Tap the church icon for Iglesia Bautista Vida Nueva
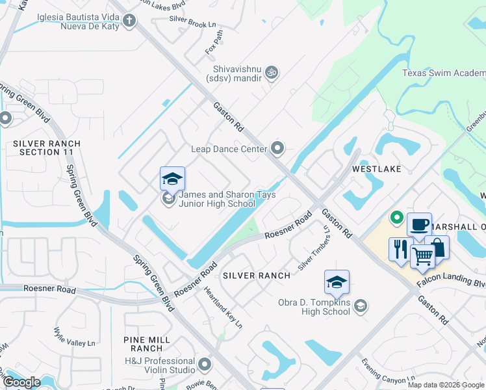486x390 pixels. point(129,21)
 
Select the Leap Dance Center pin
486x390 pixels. point(278,149)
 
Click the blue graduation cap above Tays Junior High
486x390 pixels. point(172,179)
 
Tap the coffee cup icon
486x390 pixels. point(419,225)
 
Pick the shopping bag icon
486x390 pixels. point(438,247)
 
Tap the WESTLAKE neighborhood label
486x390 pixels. point(376,168)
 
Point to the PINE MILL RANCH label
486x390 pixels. point(147,344)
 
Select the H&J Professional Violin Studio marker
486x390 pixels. point(205,364)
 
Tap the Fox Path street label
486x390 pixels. point(214,42)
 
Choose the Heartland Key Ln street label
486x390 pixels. point(223,308)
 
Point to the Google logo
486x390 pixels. point(21,382)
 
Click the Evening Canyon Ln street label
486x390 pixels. point(388,371)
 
